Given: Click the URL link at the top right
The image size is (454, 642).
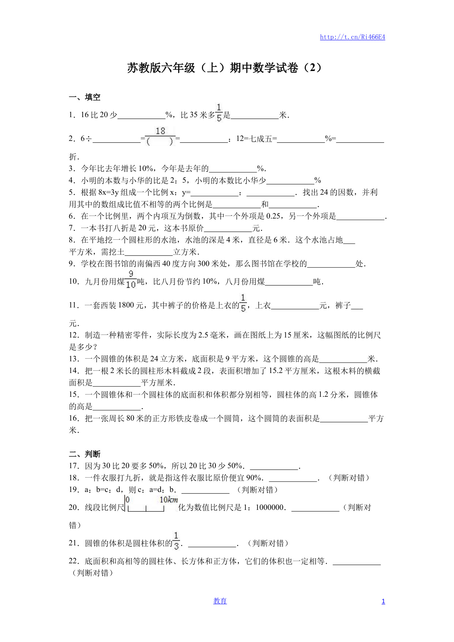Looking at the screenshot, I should pyautogui.click(x=352, y=37).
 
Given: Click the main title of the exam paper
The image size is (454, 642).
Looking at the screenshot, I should pyautogui.click(x=224, y=68).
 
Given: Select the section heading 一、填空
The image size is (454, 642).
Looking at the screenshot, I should pyautogui.click(x=85, y=97).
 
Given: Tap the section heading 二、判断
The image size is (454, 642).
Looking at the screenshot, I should pyautogui.click(x=85, y=454).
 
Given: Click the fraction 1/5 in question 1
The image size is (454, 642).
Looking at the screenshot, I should pyautogui.click(x=219, y=113).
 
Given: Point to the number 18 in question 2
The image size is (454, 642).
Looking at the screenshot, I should pyautogui.click(x=160, y=131).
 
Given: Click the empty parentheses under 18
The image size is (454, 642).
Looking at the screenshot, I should pyautogui.click(x=160, y=141).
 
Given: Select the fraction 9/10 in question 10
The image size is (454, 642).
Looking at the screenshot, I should pyautogui.click(x=131, y=279).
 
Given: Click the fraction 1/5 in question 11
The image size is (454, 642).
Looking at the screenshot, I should pyautogui.click(x=243, y=303).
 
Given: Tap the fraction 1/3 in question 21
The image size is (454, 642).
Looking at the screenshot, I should pyautogui.click(x=176, y=541).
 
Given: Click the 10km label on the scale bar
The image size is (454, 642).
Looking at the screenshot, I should pyautogui.click(x=169, y=500).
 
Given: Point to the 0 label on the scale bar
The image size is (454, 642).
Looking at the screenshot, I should pyautogui.click(x=128, y=500).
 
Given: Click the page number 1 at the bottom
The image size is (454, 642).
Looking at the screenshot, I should pyautogui.click(x=383, y=601).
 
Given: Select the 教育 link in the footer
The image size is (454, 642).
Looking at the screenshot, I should pyautogui.click(x=220, y=601).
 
